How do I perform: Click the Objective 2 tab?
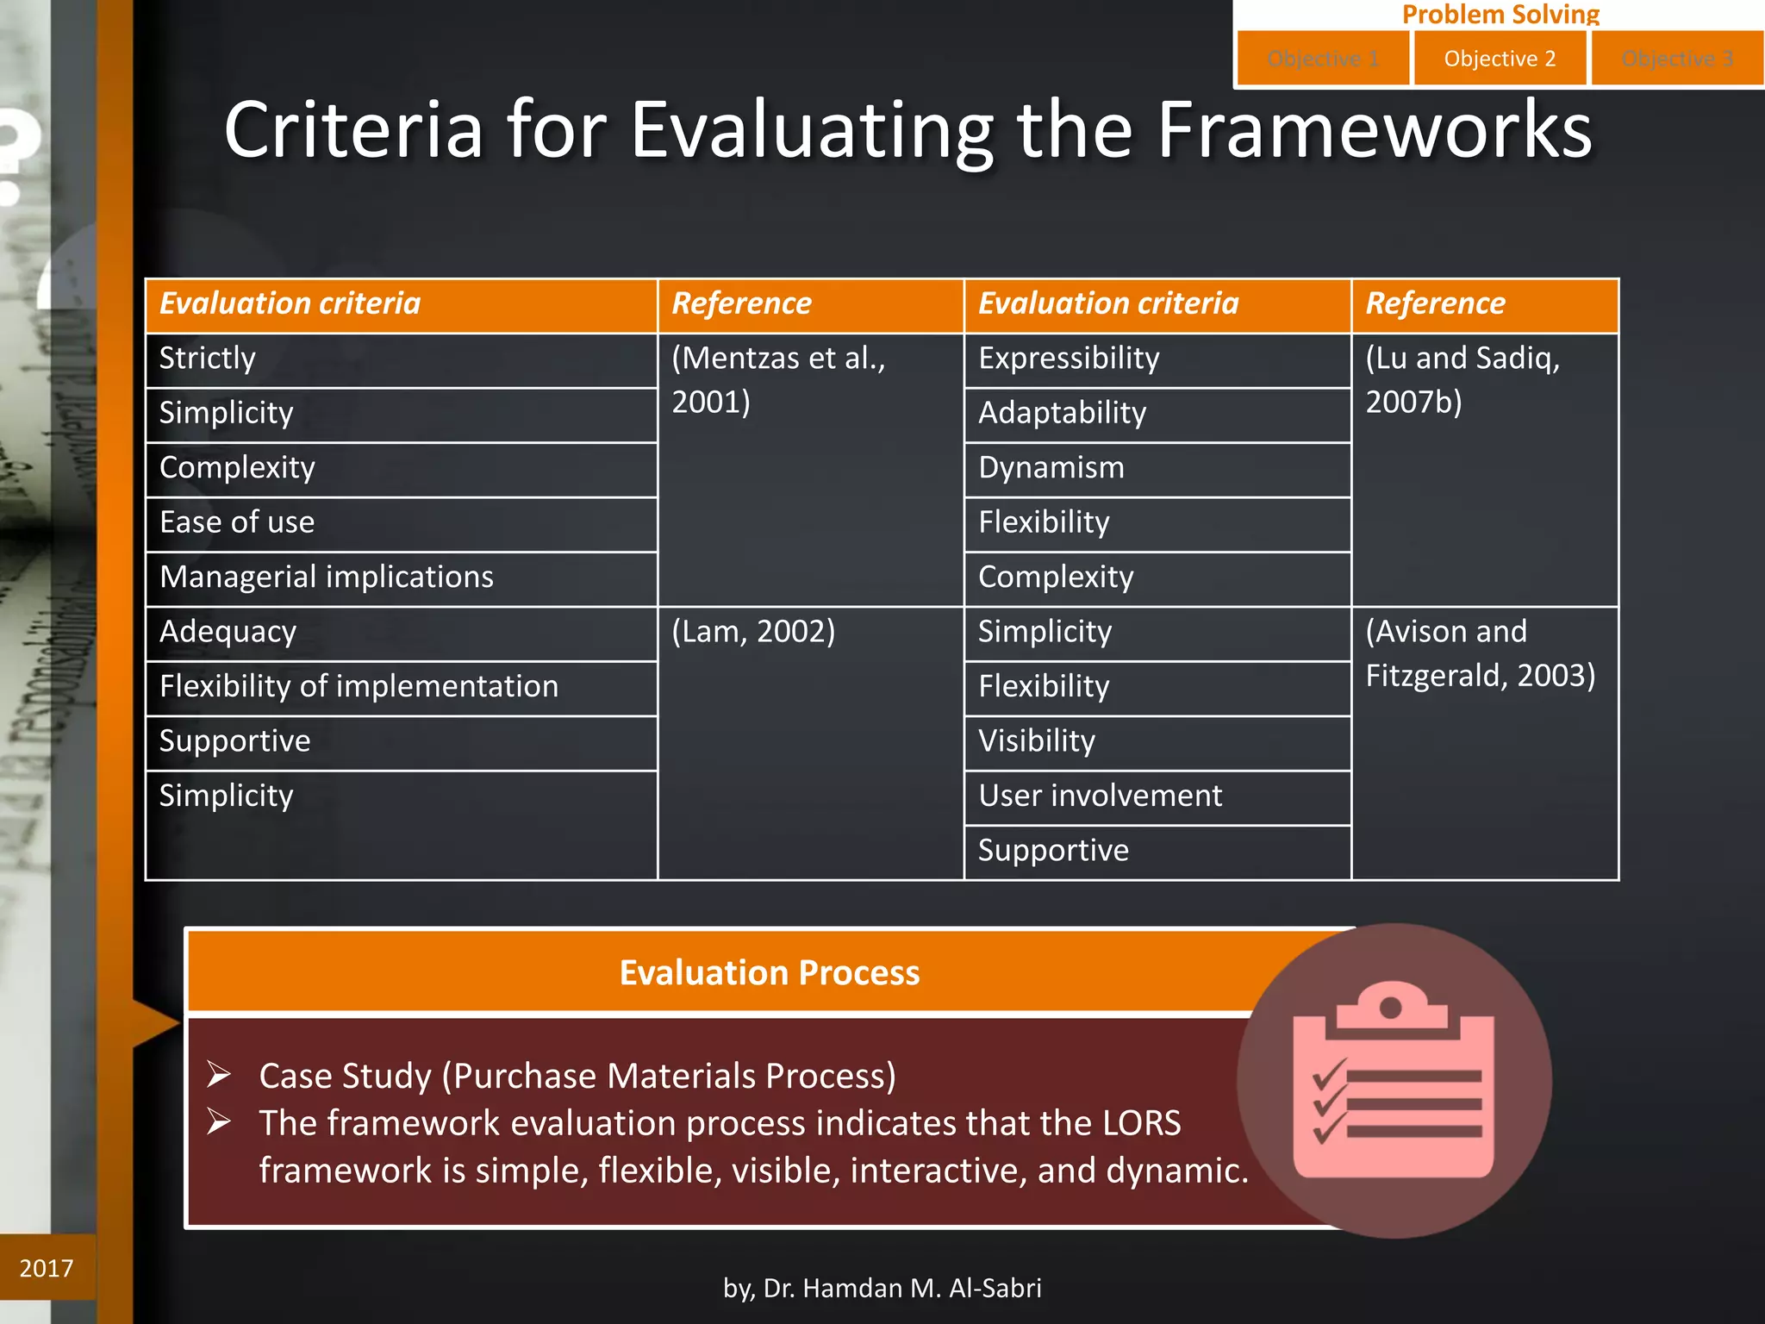(x=1500, y=59)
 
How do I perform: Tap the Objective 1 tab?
(x=1323, y=59)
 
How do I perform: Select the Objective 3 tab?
(x=1677, y=59)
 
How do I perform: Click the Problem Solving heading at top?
(x=1500, y=14)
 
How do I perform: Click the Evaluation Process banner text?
(x=770, y=972)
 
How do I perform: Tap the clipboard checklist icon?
(x=1394, y=1081)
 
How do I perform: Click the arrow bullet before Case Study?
(x=219, y=1075)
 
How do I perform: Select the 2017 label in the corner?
(x=47, y=1268)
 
